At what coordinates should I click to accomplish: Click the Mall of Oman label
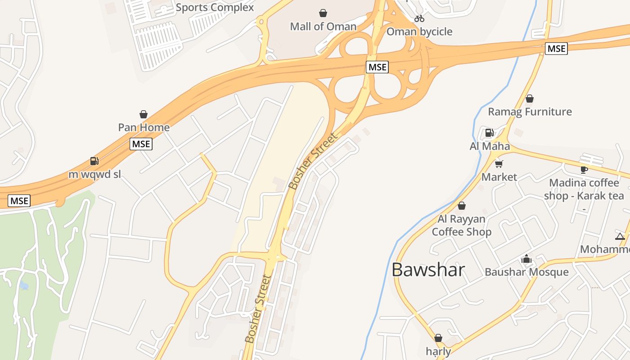coord(323,27)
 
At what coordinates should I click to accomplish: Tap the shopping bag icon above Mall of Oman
coord(323,13)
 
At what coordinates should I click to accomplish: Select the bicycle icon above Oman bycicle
coord(419,18)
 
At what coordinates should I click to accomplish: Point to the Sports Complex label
coord(215,8)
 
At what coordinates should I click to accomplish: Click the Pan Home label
coord(144,127)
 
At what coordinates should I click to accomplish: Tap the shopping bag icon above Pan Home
coord(144,114)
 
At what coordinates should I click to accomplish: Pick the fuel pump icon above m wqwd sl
coord(94,161)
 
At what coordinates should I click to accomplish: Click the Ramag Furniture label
coord(530,112)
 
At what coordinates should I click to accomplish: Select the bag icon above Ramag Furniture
coord(530,99)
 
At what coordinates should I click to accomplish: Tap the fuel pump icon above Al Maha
coord(489,133)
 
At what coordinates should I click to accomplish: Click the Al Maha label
coord(490,146)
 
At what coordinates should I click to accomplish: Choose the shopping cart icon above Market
coord(499,164)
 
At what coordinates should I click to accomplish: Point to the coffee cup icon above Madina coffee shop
coord(584,170)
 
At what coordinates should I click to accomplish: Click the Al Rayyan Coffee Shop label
coord(462,225)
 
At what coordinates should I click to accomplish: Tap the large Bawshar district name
coord(428,270)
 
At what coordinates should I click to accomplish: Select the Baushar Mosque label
coord(526,272)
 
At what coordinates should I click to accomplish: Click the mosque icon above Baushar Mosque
coord(526,259)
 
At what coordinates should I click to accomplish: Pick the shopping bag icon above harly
coord(438,338)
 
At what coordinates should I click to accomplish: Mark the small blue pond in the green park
coord(24,285)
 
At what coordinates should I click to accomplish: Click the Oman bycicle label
coord(419,31)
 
